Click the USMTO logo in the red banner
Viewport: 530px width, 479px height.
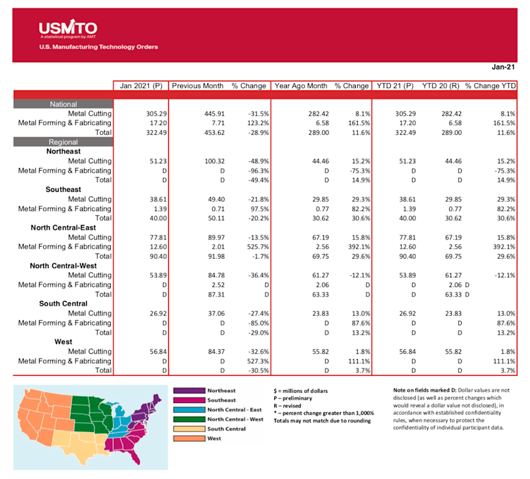tap(68, 29)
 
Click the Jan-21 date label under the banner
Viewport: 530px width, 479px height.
tap(503, 67)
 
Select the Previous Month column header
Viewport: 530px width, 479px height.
tap(197, 85)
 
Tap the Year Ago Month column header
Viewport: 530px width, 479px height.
tap(300, 85)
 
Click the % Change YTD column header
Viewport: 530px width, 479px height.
tap(490, 85)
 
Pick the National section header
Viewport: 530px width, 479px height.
tap(63, 104)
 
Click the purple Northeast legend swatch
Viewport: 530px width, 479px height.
tap(187, 390)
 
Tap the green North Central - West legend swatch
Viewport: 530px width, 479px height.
tap(187, 419)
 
